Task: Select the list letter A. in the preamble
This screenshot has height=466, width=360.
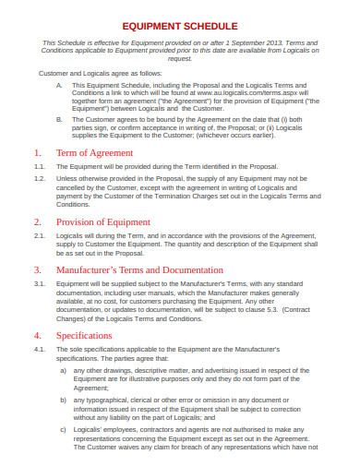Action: point(60,83)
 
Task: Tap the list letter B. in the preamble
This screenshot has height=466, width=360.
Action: point(60,119)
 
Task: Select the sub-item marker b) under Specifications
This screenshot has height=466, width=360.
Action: point(63,399)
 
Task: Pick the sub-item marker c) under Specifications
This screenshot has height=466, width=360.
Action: point(63,428)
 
